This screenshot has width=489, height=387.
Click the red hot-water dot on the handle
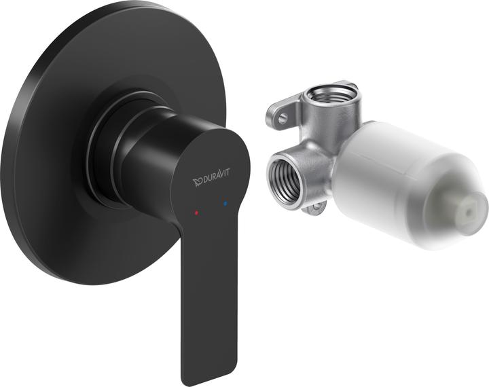pyautogui.click(x=196, y=213)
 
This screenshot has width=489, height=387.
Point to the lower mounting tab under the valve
pyautogui.click(x=314, y=208)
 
